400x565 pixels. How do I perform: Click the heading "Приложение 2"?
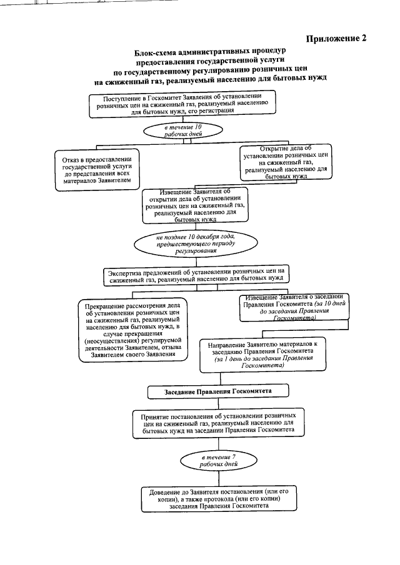(x=336, y=39)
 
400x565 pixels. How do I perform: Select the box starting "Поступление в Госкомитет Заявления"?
(x=182, y=104)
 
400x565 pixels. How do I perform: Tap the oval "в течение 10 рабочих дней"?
(x=183, y=130)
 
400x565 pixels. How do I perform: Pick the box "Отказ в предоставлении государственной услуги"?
(x=97, y=170)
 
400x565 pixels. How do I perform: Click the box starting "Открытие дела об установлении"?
(x=286, y=162)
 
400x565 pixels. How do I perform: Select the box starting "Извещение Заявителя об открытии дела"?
(x=196, y=205)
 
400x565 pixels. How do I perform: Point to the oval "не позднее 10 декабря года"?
(x=196, y=243)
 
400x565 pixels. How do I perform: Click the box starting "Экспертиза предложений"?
(x=197, y=277)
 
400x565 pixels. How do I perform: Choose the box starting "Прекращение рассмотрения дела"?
(x=134, y=330)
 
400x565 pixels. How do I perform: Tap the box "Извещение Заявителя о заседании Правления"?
(x=294, y=308)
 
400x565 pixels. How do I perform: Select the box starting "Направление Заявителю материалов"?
(x=263, y=355)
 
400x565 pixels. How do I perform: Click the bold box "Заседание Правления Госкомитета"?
(x=218, y=391)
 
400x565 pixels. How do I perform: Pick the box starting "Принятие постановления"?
(x=218, y=423)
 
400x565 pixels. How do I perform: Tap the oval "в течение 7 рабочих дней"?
(x=219, y=461)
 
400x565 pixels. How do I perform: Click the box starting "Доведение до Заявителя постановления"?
(x=219, y=499)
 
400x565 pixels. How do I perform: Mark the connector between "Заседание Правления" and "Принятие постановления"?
(x=218, y=403)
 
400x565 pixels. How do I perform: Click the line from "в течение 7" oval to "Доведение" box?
(x=219, y=478)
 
